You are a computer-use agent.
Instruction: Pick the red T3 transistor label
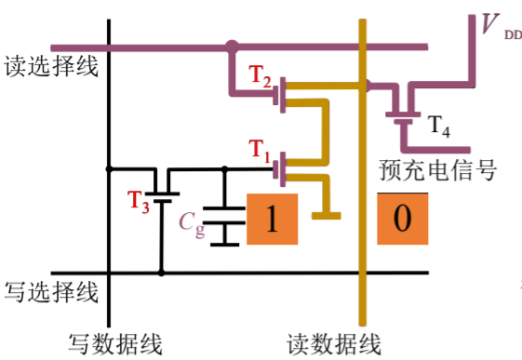coord(137,201)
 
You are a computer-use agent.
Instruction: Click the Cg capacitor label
coord(191,221)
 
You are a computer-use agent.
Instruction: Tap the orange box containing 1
coord(273,220)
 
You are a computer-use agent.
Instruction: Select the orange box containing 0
coord(402,220)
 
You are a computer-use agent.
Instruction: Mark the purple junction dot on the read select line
coord(230,46)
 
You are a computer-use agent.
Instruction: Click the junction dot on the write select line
coord(162,273)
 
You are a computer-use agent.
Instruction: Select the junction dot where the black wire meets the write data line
coord(110,168)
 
